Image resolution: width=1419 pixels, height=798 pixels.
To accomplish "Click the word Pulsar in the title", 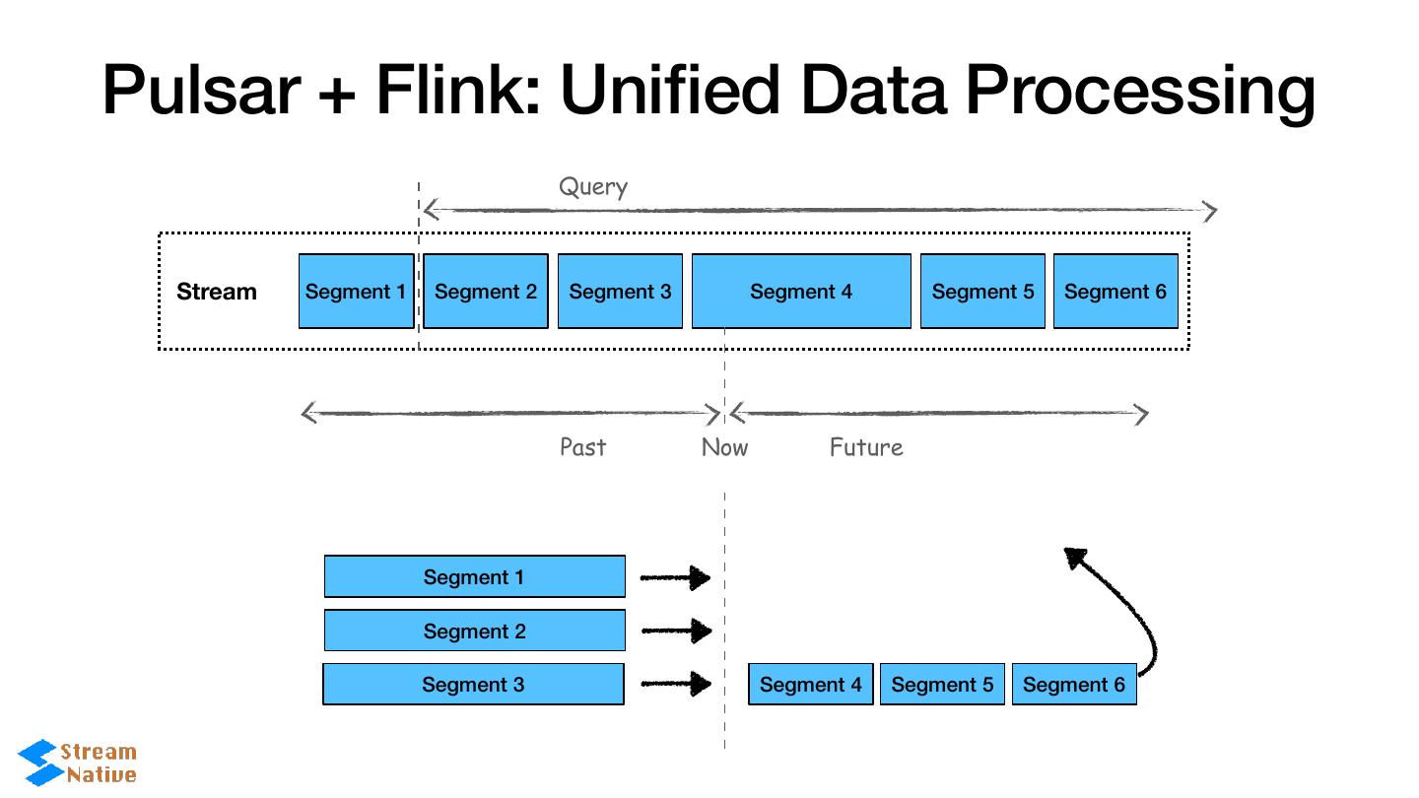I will tap(202, 90).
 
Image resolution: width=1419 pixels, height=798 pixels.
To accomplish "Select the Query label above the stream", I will tap(592, 187).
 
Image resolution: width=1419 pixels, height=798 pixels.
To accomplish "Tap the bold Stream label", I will tap(216, 292).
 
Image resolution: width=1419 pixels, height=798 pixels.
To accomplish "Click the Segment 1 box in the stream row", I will tap(356, 292).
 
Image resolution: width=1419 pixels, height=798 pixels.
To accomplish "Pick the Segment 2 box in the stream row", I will tap(486, 292).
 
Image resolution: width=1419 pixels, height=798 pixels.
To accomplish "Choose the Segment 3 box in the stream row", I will tap(620, 292).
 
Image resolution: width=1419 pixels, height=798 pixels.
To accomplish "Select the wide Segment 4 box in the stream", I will tap(801, 292).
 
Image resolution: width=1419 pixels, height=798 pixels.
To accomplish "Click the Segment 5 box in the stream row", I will tap(982, 292).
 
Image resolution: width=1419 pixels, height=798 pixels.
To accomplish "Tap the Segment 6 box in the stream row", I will tap(1115, 292).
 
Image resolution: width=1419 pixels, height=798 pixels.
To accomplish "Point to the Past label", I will tap(582, 447).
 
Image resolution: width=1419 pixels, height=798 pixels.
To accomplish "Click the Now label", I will tap(724, 447).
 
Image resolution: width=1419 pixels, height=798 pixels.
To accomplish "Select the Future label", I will tap(866, 447).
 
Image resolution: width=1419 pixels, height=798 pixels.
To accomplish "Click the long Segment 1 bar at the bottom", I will tap(474, 577).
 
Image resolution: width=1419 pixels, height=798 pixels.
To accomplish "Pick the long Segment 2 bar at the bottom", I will tap(474, 631).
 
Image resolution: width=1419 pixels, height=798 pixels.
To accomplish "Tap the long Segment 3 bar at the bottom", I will tap(473, 685).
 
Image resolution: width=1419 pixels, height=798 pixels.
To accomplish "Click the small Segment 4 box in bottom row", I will tap(810, 685).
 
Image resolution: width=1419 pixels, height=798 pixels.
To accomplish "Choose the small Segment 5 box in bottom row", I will tap(942, 685).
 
